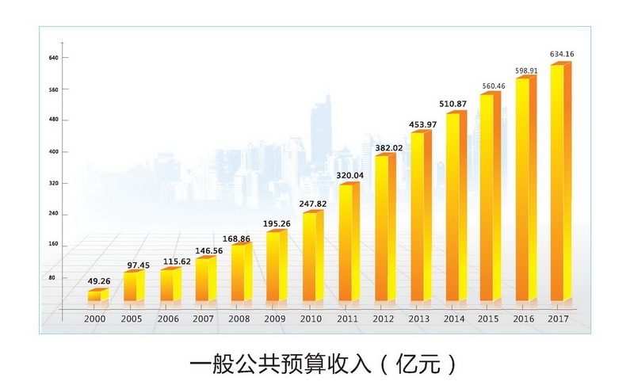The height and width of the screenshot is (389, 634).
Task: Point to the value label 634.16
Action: (x=562, y=54)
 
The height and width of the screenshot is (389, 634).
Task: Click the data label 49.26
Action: (x=98, y=280)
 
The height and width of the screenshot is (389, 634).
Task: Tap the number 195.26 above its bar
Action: (x=277, y=223)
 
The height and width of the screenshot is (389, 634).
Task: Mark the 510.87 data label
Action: (x=454, y=104)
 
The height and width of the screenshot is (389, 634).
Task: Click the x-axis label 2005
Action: (x=132, y=318)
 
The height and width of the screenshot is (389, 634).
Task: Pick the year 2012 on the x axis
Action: (x=383, y=318)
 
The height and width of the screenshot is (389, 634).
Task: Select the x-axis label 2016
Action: (x=525, y=318)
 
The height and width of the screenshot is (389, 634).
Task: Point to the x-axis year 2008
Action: (x=239, y=318)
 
